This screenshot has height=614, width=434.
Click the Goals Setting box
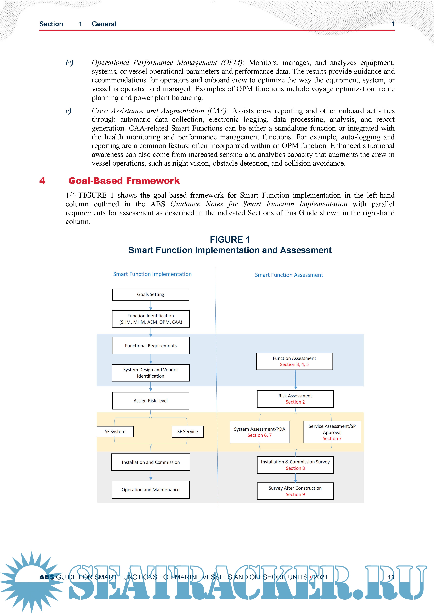(x=151, y=295)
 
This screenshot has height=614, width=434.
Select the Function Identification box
(x=151, y=319)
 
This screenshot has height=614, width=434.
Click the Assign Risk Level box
(x=151, y=401)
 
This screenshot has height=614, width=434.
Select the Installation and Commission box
(x=151, y=462)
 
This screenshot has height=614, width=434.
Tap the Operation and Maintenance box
(x=151, y=490)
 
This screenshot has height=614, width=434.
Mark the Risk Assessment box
(x=295, y=399)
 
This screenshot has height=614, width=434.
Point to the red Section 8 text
(x=295, y=468)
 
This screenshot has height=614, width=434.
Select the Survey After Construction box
(x=295, y=491)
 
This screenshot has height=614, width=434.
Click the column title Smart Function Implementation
(x=152, y=274)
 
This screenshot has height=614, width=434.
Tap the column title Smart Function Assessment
(x=289, y=275)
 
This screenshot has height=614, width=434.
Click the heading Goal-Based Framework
(x=124, y=181)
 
